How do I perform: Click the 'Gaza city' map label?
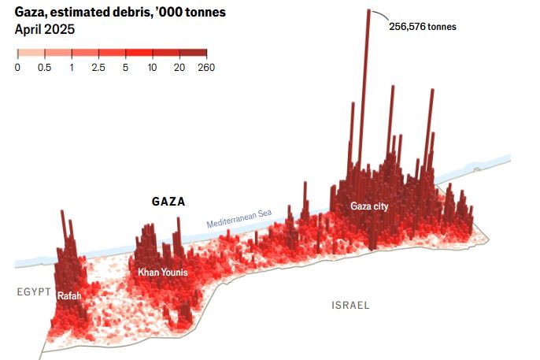[x=369, y=206]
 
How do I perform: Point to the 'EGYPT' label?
[x=34, y=293]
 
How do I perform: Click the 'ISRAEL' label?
[x=350, y=305]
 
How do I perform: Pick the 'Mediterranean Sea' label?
[x=239, y=218]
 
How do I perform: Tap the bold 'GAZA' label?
[x=168, y=202]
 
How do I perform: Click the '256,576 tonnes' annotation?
[x=422, y=26]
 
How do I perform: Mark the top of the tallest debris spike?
[x=368, y=11]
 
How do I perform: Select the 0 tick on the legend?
[x=17, y=68]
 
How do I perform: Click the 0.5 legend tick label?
[x=44, y=68]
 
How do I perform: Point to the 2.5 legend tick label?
[x=98, y=68]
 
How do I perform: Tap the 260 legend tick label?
[x=207, y=68]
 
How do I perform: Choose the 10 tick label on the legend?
[x=152, y=68]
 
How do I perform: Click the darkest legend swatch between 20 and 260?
[x=193, y=53]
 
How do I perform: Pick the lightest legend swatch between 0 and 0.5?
[x=31, y=53]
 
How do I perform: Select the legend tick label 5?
[x=126, y=68]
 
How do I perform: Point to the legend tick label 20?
[x=179, y=68]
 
